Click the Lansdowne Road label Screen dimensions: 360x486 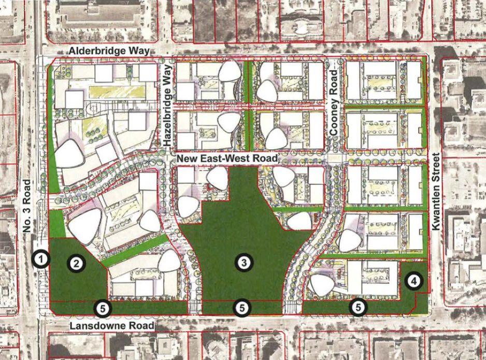click(112, 325)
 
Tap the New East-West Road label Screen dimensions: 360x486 click(226, 158)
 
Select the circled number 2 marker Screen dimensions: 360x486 click(76, 263)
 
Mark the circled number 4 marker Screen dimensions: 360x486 click(413, 281)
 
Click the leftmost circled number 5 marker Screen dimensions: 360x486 click(103, 308)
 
